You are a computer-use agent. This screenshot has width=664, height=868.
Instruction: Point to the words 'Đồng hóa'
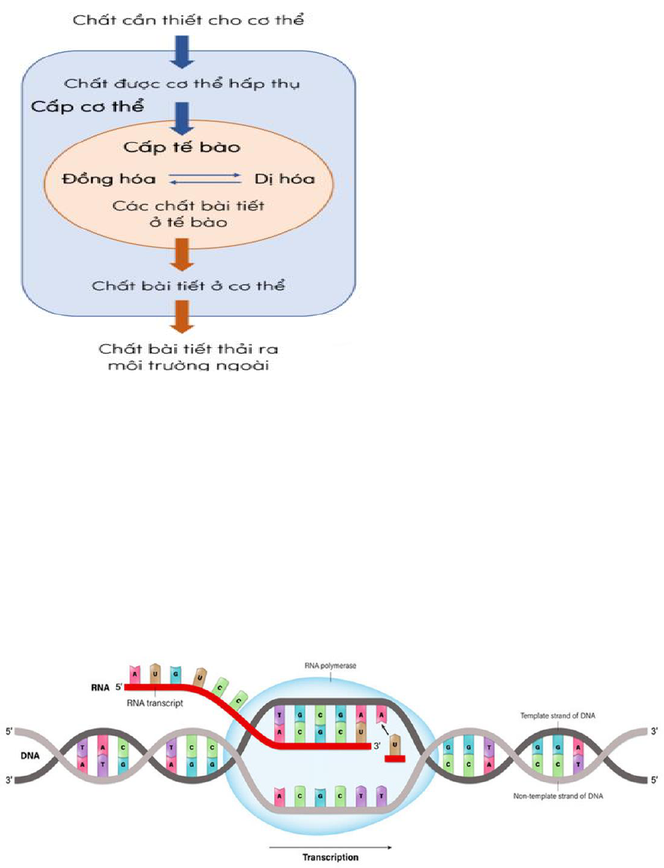111,179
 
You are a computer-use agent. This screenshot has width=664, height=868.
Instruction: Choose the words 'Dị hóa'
283,179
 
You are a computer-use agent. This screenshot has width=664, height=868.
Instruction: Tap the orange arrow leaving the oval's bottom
182,255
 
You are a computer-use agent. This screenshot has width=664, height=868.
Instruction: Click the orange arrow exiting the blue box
182,316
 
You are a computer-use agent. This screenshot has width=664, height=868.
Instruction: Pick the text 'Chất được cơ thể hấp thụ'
182,83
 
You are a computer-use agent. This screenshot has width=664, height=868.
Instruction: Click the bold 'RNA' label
98,687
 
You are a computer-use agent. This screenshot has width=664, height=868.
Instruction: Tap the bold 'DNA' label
32,751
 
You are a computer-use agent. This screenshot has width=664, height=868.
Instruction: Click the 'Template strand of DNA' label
557,716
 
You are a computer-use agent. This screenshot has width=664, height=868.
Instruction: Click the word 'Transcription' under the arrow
330,857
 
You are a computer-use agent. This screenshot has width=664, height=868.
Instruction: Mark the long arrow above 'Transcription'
330,846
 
